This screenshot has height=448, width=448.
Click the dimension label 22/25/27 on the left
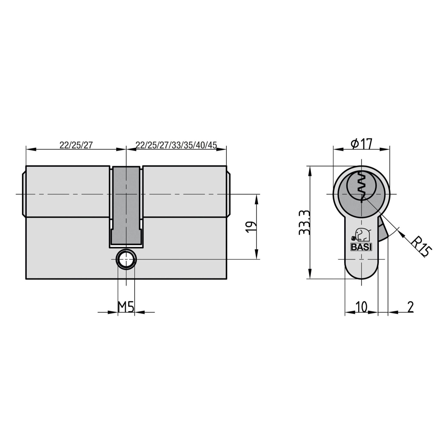click(x=76, y=145)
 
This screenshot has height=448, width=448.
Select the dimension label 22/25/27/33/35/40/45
click(x=176, y=145)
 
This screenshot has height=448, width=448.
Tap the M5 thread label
click(x=126, y=307)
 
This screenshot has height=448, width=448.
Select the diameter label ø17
click(x=362, y=144)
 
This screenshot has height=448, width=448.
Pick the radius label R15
click(x=421, y=246)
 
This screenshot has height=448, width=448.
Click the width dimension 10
click(x=361, y=307)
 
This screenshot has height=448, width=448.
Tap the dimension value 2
click(x=411, y=307)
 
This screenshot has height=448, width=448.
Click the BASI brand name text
click(x=361, y=247)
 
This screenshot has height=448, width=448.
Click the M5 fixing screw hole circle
click(x=126, y=259)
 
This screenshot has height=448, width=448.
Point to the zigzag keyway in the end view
click(x=361, y=185)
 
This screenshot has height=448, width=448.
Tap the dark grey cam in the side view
click(x=126, y=206)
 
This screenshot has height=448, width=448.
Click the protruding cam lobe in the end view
click(x=382, y=230)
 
